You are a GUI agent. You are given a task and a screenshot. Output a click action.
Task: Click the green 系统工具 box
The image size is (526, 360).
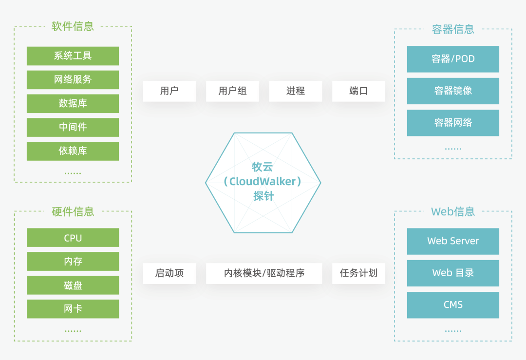[x=73, y=56]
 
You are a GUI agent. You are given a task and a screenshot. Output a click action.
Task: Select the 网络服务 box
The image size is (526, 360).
[x=73, y=79]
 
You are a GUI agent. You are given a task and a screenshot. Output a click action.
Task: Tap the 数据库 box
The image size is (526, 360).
[x=73, y=103]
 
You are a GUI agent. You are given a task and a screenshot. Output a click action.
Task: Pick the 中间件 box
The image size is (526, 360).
[x=73, y=127]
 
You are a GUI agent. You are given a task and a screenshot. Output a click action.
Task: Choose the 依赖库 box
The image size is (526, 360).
[x=73, y=151]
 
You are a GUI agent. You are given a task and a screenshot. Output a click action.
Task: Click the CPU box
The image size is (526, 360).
[x=73, y=238]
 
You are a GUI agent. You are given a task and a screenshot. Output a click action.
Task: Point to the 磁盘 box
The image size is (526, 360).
[x=73, y=285]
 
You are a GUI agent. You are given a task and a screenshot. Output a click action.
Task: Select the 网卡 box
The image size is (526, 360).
[x=73, y=309]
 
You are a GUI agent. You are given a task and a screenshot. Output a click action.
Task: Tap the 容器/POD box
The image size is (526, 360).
[x=453, y=59]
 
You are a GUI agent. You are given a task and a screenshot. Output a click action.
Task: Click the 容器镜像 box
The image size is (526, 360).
[x=453, y=91]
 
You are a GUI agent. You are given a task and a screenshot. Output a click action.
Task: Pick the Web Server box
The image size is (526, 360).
[x=453, y=241]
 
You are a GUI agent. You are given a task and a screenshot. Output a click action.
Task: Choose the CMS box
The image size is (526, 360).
[x=453, y=305]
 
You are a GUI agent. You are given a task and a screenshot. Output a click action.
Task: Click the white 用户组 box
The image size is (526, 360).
[x=232, y=91]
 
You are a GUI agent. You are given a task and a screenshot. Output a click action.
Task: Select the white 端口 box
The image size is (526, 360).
[x=358, y=91]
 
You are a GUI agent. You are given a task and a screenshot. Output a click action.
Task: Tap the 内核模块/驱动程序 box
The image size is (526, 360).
[x=264, y=273]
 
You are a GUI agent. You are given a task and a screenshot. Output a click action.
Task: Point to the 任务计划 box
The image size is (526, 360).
[x=358, y=273]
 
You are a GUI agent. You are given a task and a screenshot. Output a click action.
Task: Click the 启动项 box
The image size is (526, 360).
[x=169, y=273]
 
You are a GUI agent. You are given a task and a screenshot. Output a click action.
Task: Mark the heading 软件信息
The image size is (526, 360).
[x=73, y=26]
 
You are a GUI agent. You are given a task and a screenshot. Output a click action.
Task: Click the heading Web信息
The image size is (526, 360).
[x=453, y=211]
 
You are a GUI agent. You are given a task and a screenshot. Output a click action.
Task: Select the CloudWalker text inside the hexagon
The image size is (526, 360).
[x=263, y=182]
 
